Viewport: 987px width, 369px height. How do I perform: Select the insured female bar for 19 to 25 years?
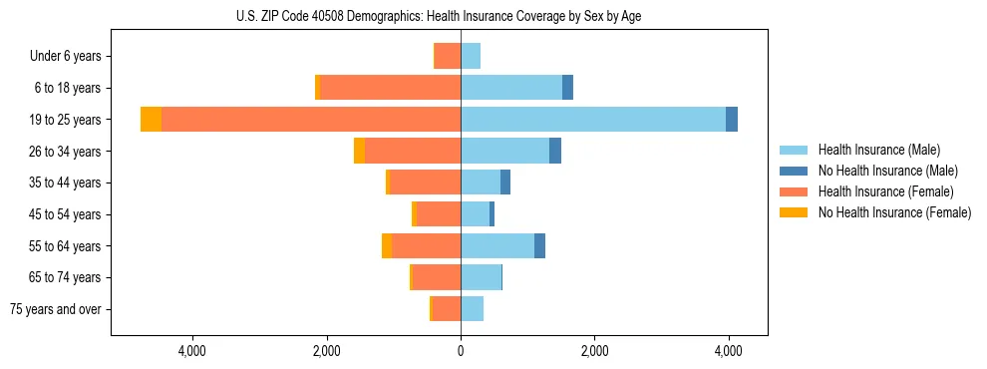[x=310, y=120]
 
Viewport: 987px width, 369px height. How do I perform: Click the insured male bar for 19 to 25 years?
[x=592, y=120]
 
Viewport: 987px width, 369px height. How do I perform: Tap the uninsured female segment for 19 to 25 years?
[x=151, y=120]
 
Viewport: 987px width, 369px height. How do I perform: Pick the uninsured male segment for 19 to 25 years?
[x=732, y=120]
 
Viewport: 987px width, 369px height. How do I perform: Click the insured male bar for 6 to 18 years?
[x=510, y=88]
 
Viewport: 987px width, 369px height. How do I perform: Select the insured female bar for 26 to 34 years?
[x=412, y=151]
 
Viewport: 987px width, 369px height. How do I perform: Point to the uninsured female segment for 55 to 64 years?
[x=387, y=245]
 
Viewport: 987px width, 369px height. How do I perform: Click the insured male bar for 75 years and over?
[x=472, y=309]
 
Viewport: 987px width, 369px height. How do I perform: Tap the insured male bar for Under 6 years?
[x=471, y=56]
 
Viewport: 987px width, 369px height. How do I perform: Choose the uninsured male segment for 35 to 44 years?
[x=505, y=183]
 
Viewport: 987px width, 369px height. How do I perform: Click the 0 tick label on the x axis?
[x=461, y=351]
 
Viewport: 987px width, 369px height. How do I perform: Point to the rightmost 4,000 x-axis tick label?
[x=728, y=351]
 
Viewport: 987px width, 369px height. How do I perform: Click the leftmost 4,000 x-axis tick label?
[x=191, y=351]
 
